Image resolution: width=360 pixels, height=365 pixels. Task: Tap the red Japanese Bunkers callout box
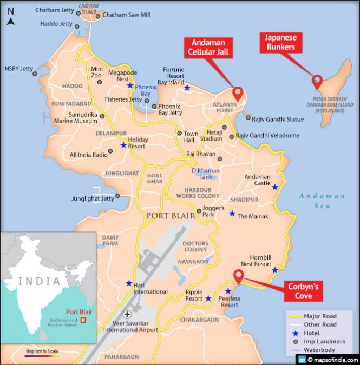pos(280,43)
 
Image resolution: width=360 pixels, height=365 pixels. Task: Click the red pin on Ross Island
pos(317,82)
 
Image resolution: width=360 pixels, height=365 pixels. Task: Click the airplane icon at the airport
pos(127,314)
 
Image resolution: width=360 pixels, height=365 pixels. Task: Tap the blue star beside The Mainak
pos(232,214)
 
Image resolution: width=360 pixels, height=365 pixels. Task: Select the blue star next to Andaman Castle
pos(275,187)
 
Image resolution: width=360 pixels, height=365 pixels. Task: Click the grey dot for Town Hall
pos(180,133)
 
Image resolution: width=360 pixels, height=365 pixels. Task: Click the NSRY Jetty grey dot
pos(35,74)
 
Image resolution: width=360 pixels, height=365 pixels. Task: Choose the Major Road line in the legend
pos(296,316)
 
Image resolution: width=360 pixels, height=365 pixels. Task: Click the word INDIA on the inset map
pos(40,281)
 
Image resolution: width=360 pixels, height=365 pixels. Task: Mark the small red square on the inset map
pos(83,320)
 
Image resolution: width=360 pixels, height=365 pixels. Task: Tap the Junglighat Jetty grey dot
pos(117,196)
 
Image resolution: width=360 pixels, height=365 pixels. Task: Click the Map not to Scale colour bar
pos(42,355)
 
